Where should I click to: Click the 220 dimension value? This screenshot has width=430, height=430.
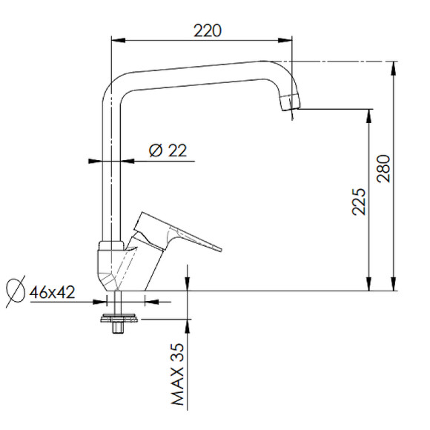[x=208, y=30]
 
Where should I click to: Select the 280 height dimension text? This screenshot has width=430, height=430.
[x=383, y=168]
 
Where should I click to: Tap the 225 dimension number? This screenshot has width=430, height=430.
[x=359, y=202]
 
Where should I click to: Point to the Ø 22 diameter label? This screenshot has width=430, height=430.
[x=168, y=150]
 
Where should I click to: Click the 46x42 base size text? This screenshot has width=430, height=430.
[x=52, y=292]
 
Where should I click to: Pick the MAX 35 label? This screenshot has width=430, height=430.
[x=177, y=374]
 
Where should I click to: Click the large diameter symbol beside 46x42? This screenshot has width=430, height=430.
[x=16, y=291]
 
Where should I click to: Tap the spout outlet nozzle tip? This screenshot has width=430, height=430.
[x=290, y=102]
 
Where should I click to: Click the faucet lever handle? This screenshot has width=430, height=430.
[x=178, y=232]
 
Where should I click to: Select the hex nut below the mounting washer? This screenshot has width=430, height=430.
[x=118, y=328]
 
